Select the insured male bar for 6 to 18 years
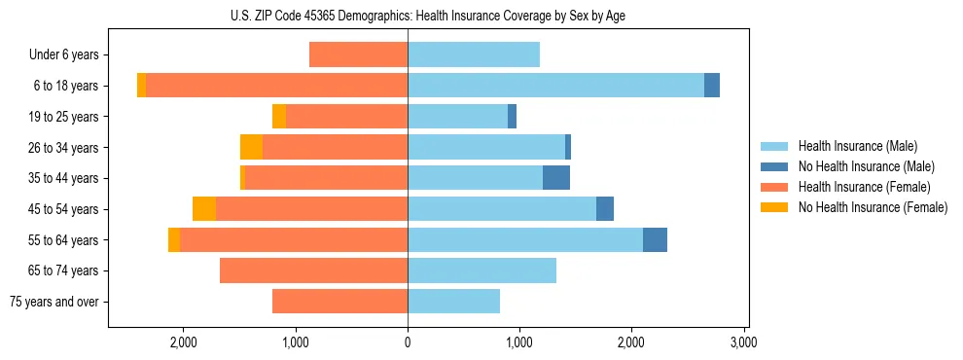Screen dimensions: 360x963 click(555, 86)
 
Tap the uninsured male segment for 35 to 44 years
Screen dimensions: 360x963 click(556, 178)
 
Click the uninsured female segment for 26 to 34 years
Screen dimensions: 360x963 click(251, 147)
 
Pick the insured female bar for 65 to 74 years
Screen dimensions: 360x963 click(313, 270)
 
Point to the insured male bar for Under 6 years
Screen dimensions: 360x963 click(474, 54)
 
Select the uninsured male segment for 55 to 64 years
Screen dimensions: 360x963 click(655, 239)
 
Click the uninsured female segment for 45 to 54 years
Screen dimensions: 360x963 click(204, 209)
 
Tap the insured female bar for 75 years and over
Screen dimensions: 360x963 click(339, 302)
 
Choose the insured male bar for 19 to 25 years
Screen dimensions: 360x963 click(457, 117)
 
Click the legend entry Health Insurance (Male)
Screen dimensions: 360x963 click(857, 146)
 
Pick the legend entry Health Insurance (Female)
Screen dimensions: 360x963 click(864, 187)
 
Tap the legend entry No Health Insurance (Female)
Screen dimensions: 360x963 click(873, 207)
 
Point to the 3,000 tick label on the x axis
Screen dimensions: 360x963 click(743, 342)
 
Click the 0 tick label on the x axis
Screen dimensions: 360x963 click(408, 342)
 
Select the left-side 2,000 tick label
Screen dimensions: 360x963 click(184, 342)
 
